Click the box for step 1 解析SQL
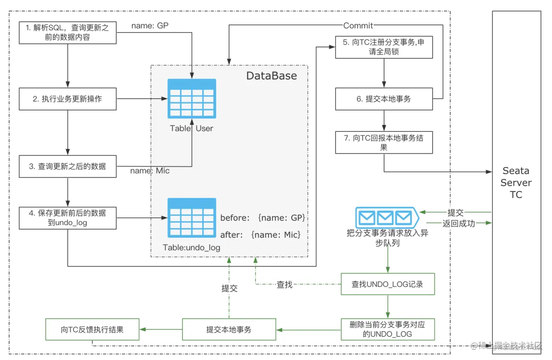point(68,33)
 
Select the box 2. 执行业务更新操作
point(68,99)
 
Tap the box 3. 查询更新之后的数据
point(68,166)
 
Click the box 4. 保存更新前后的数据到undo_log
point(68,217)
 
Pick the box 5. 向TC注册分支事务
point(384,47)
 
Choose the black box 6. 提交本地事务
point(384,99)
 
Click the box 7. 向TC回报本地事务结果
point(384,143)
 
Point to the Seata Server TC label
point(516,183)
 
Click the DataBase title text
point(272,76)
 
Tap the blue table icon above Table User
point(192,98)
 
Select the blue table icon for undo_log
point(192,217)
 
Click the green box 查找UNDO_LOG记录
point(387,284)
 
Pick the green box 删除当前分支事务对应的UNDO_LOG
point(387,329)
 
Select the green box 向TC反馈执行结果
point(93,330)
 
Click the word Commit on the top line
point(358,25)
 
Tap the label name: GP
point(150,26)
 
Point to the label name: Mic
point(150,171)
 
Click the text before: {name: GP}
point(263,218)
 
